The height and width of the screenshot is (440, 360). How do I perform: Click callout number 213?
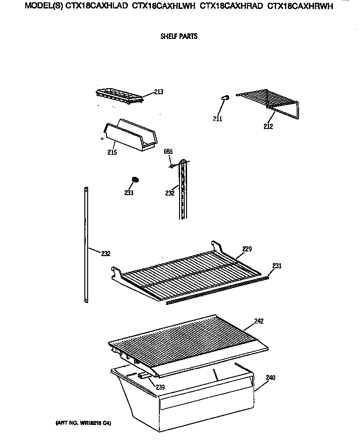click(158, 92)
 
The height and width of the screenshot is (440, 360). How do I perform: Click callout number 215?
click(112, 152)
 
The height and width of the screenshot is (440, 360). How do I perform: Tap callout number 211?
click(217, 119)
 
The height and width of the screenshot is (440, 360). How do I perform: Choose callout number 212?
click(268, 126)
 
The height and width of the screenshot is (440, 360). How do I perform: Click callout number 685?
click(168, 152)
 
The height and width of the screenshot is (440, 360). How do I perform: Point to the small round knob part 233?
click(135, 180)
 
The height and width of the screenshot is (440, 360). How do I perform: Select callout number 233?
click(129, 193)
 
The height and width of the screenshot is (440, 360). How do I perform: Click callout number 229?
click(247, 249)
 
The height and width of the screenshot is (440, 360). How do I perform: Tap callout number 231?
click(277, 266)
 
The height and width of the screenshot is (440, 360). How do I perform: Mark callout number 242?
click(259, 321)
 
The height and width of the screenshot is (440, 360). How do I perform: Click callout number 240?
click(271, 377)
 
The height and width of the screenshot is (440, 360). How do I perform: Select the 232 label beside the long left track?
click(106, 254)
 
